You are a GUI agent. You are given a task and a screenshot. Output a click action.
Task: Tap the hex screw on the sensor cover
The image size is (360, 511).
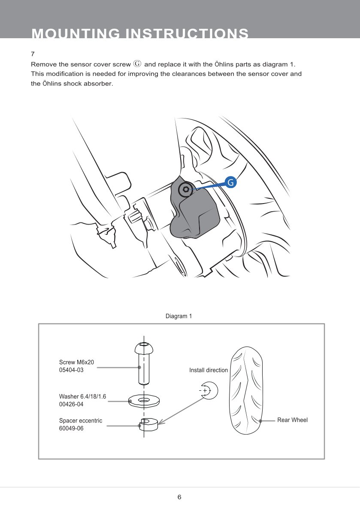[185, 189]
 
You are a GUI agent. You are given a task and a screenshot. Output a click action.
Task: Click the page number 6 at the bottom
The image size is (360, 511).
[179, 497]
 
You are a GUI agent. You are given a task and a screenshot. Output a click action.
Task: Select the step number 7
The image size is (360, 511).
[33, 55]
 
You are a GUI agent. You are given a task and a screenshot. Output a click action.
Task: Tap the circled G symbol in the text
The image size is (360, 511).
[137, 64]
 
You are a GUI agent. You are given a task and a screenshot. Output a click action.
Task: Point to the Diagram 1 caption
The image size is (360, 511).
[178, 316]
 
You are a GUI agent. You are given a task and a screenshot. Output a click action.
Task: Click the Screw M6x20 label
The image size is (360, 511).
[76, 362]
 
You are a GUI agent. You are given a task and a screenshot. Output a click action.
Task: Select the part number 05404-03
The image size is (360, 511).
[71, 370]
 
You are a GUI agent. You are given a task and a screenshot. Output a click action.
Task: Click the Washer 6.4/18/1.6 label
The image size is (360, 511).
[82, 396]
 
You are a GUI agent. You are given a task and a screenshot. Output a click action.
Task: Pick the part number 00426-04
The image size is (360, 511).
[71, 404]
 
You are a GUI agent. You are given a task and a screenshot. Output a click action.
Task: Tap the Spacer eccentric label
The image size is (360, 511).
[81, 421]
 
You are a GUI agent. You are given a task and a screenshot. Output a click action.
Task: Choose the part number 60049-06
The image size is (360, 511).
[71, 428]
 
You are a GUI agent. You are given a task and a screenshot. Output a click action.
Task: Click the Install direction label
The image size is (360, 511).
[209, 370]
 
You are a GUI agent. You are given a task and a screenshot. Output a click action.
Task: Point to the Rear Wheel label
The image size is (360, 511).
[292, 420]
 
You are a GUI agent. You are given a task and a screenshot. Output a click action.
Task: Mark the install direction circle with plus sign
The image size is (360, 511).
[209, 390]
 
